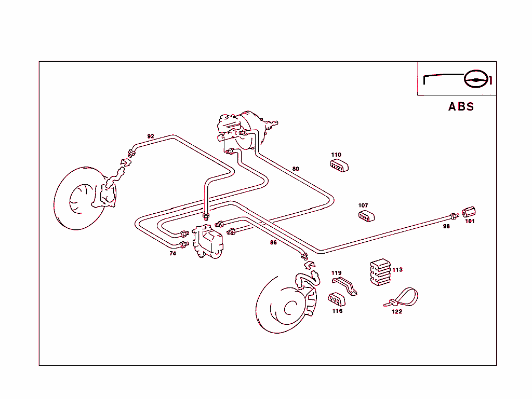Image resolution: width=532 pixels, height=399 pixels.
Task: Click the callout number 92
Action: coord(151,136)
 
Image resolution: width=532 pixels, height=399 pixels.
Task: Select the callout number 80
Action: coord(296,169)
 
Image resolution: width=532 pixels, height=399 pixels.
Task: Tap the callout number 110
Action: coord(336,155)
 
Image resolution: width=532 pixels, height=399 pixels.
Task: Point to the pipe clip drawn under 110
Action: coord(339,166)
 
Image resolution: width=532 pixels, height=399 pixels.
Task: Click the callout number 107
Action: coord(363,205)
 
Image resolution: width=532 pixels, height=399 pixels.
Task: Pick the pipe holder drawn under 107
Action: coord(367,216)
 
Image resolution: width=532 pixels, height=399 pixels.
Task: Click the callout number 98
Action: coord(446,227)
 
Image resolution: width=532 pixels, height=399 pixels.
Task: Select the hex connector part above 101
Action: coord(469,213)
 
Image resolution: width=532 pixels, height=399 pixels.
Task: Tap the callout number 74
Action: coord(172,254)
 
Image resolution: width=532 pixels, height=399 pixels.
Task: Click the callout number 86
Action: coord(273,242)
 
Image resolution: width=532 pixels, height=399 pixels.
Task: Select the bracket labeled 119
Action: coord(345,286)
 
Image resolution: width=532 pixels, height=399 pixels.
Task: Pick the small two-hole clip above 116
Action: coord(336,299)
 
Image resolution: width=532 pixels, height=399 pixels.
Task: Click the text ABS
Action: coord(461,107)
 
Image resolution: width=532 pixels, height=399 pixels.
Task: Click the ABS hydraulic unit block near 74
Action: coord(209,242)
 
